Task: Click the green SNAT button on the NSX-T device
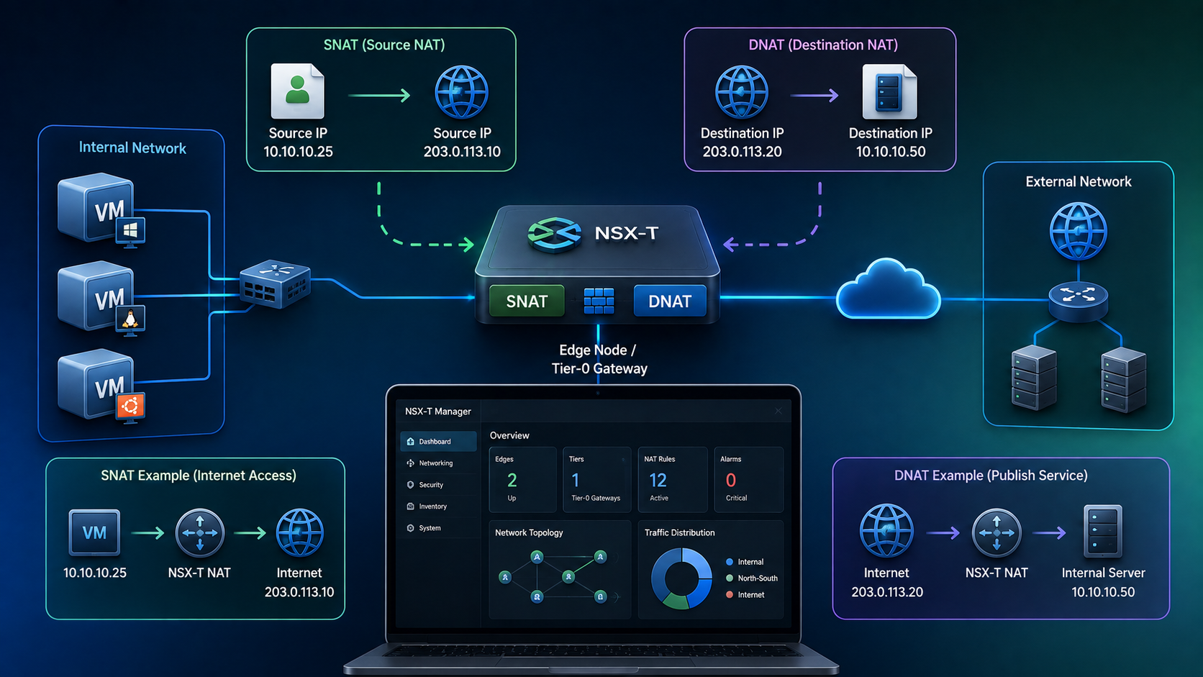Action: tap(527, 301)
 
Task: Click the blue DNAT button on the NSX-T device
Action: tap(670, 301)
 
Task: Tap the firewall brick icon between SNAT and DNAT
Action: tap(599, 301)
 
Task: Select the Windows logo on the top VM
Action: tap(130, 231)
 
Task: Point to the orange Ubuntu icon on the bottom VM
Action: tap(130, 407)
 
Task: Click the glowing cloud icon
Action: tap(889, 290)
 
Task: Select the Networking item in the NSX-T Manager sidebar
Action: tap(435, 463)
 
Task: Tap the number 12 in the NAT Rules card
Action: tap(658, 480)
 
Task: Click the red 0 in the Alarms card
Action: tap(730, 480)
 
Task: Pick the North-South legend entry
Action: tap(752, 578)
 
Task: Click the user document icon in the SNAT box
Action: tap(298, 91)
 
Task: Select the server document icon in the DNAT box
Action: tap(889, 91)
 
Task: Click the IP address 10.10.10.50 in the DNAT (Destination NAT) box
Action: tap(891, 151)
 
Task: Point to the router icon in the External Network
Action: tap(1078, 301)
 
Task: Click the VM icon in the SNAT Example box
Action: tap(94, 532)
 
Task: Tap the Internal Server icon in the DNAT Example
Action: tap(1102, 532)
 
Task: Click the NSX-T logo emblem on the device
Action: tap(555, 234)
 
